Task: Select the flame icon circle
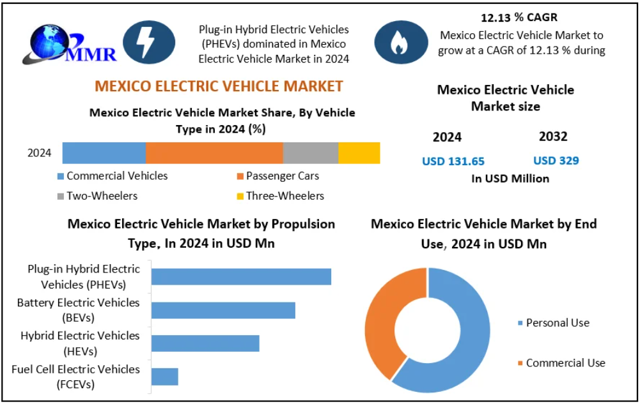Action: [401, 42]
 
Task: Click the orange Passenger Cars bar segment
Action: [214, 153]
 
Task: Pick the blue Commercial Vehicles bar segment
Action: [104, 153]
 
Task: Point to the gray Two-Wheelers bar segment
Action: [311, 153]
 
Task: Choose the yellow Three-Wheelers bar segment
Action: [359, 153]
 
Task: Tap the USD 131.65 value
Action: [453, 161]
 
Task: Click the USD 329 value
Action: [556, 160]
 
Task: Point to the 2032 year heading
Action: [553, 137]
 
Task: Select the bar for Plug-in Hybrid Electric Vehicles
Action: [242, 276]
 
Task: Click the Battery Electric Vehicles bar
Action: [224, 310]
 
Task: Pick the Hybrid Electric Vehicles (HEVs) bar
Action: [206, 343]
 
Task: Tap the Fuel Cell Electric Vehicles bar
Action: [165, 377]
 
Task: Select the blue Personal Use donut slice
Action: [467, 338]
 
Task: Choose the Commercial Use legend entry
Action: [561, 363]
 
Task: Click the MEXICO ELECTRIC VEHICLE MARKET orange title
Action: [219, 86]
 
